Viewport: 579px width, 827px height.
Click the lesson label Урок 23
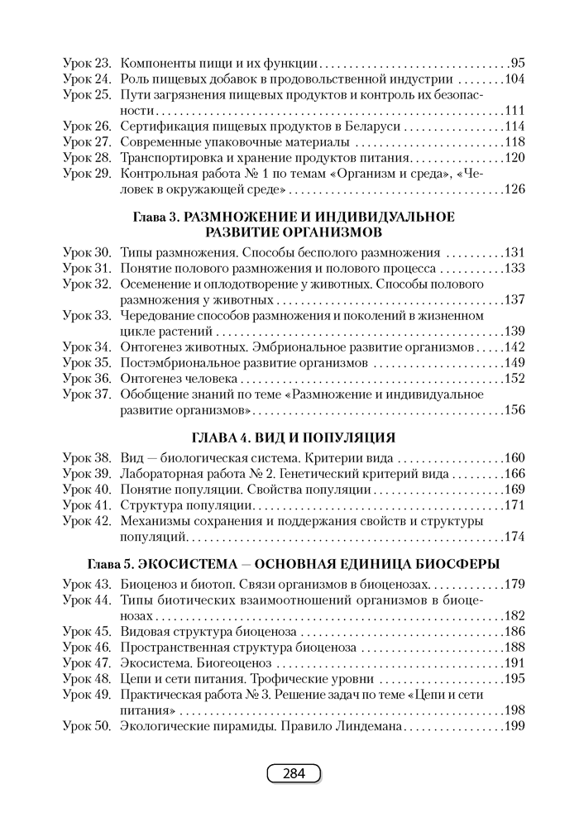[x=86, y=63]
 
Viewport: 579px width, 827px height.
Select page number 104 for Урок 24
[x=514, y=79]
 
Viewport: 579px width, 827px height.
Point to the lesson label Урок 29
[x=86, y=174]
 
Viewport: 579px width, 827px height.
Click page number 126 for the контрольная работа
[x=514, y=189]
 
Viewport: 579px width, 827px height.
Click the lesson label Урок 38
[x=86, y=458]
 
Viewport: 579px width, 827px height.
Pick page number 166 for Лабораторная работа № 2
[x=514, y=474]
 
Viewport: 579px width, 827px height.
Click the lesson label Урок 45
[x=86, y=631]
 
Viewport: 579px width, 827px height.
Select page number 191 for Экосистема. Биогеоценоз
[x=514, y=662]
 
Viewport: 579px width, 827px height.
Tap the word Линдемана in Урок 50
[x=368, y=726]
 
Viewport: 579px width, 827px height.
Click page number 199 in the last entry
[x=514, y=726]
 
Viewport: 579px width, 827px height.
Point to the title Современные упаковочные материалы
[x=212, y=141]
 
